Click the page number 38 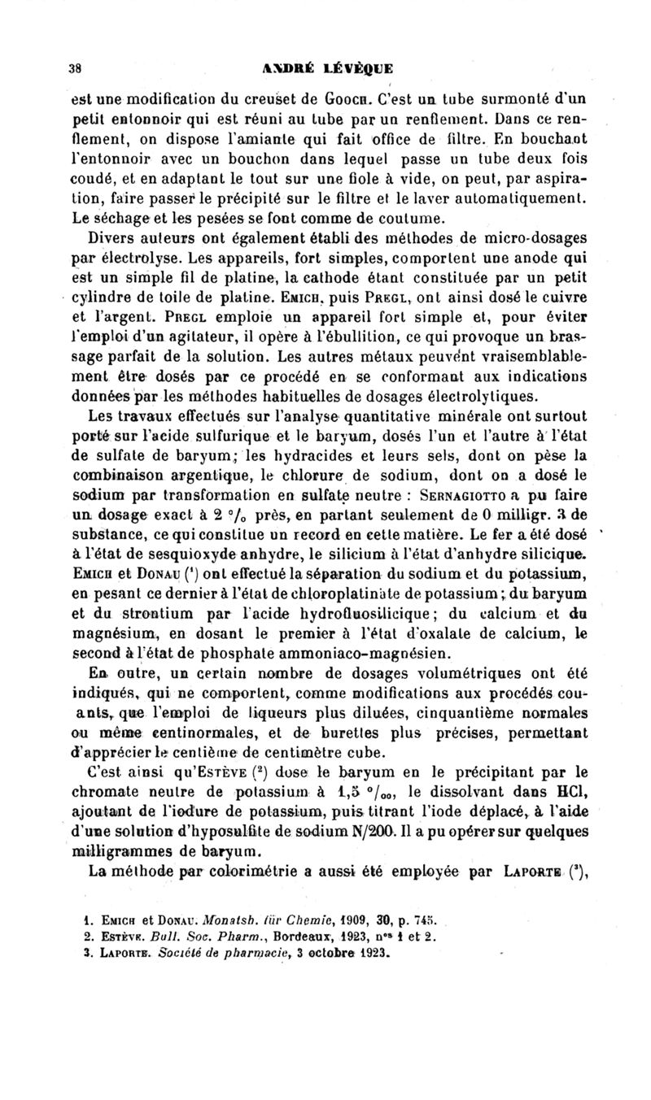(73, 69)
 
